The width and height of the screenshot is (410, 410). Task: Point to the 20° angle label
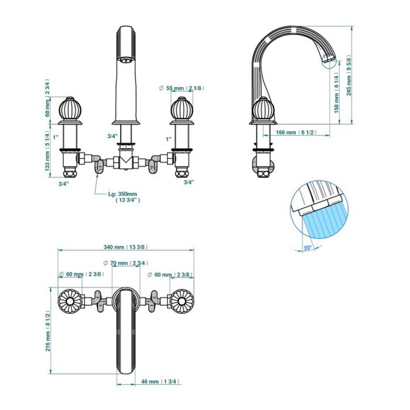[x=307, y=247]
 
